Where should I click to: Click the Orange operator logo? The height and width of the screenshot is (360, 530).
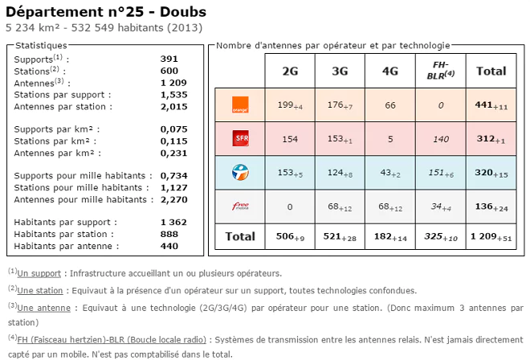click(239, 104)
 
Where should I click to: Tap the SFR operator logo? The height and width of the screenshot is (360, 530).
click(239, 139)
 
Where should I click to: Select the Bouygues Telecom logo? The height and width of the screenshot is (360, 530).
click(239, 171)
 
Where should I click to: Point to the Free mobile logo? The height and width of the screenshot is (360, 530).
click(239, 207)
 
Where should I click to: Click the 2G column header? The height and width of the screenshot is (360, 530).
click(290, 71)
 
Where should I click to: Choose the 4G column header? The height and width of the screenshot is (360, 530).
click(390, 71)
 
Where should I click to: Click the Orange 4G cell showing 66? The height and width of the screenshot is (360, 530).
click(390, 104)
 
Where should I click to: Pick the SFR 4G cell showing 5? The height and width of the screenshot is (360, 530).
click(390, 139)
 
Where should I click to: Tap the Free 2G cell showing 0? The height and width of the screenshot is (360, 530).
click(290, 207)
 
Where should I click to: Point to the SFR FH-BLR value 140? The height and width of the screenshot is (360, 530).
click(439, 139)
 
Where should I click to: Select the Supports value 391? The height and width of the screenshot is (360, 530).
click(169, 59)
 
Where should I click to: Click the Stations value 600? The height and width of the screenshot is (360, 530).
click(169, 71)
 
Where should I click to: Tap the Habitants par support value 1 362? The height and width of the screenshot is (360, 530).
click(173, 223)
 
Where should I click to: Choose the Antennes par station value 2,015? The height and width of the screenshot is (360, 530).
click(173, 106)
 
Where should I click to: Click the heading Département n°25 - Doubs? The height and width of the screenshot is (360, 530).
click(106, 12)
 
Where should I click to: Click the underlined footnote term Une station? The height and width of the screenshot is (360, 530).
click(39, 290)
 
